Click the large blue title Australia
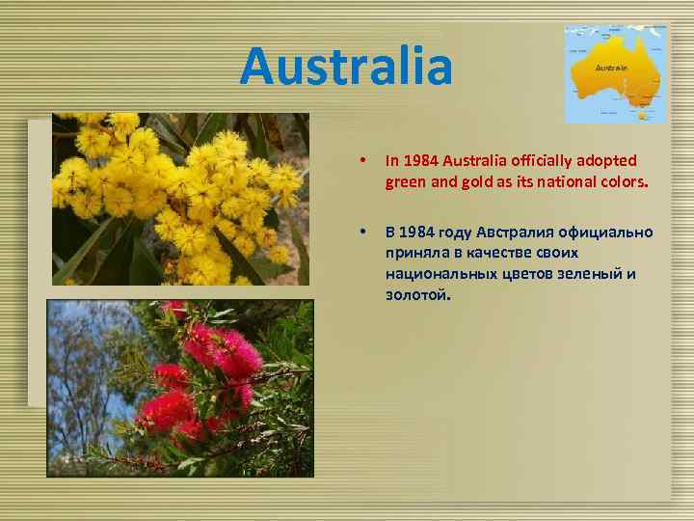[x=346, y=67]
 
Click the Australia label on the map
[x=611, y=68]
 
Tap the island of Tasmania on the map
[x=643, y=115]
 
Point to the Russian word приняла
[x=416, y=253]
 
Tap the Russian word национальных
[x=435, y=273]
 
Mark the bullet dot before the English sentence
[x=360, y=159]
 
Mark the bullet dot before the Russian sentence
[x=360, y=233]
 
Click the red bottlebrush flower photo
[x=180, y=388]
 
